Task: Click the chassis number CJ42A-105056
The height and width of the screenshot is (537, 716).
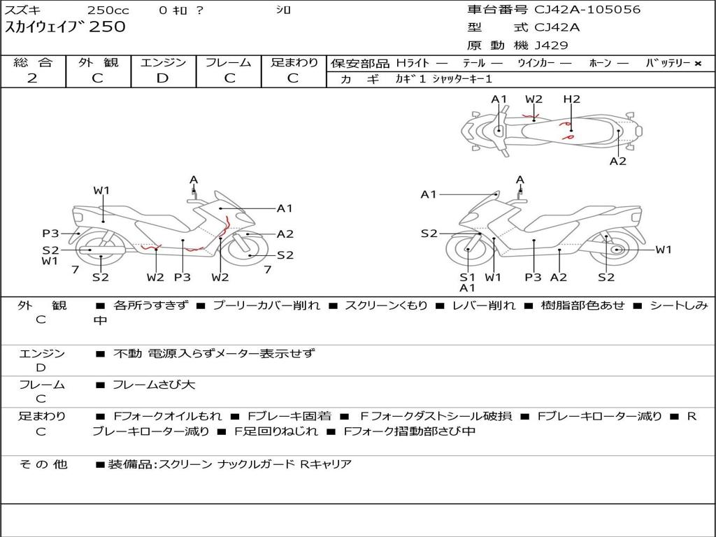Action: (x=587, y=10)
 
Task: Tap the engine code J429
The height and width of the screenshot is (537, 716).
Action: (x=552, y=45)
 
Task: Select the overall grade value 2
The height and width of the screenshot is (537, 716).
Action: (x=32, y=78)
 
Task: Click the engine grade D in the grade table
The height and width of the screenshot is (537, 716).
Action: (x=163, y=78)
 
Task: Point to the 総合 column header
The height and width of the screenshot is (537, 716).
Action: (x=33, y=62)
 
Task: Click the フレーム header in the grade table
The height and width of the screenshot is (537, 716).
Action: (x=229, y=62)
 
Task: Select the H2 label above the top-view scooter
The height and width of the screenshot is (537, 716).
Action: (x=571, y=99)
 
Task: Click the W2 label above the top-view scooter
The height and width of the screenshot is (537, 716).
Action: (x=534, y=99)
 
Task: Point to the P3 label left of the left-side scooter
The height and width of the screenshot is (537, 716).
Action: (x=50, y=234)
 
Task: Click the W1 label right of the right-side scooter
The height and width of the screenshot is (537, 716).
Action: (x=663, y=250)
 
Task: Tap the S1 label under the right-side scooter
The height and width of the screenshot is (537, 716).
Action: (x=467, y=277)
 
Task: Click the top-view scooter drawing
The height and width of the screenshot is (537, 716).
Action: (x=552, y=131)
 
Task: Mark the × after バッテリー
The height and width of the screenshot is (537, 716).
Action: (x=698, y=63)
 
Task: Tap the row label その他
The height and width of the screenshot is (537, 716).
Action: (x=43, y=464)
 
